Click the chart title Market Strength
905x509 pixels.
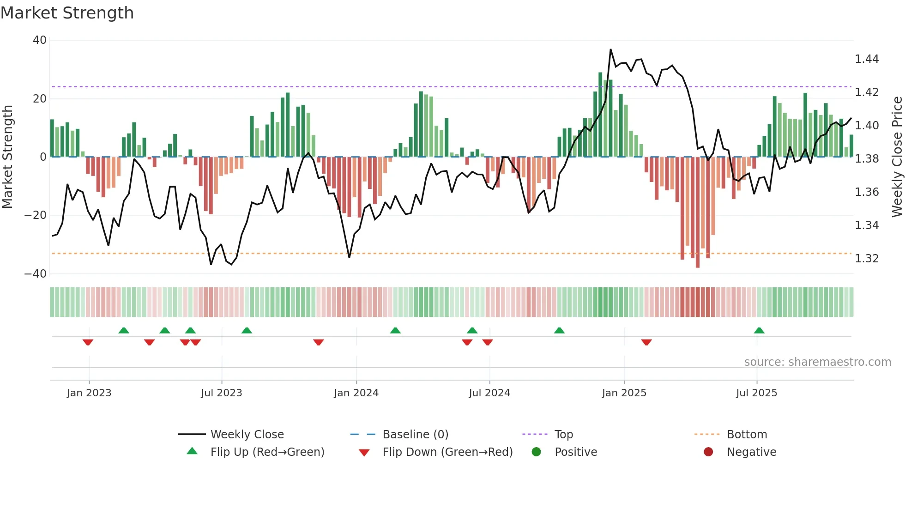pyautogui.click(x=67, y=13)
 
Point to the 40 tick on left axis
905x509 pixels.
pyautogui.click(x=40, y=40)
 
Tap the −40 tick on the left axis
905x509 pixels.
pyautogui.click(x=36, y=273)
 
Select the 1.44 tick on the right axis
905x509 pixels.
pyautogui.click(x=867, y=59)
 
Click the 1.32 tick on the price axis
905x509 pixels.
pyautogui.click(x=867, y=258)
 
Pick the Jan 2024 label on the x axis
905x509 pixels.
pyautogui.click(x=356, y=393)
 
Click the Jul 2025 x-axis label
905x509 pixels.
pyautogui.click(x=756, y=393)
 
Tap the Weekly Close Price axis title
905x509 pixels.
pyautogui.click(x=897, y=157)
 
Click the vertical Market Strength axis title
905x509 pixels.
pyautogui.click(x=7, y=157)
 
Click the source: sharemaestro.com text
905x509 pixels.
pyautogui.click(x=817, y=362)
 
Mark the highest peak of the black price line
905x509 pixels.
pyautogui.click(x=610, y=49)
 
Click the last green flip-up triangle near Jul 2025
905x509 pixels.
pyautogui.click(x=759, y=331)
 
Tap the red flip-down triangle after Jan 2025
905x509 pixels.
pyautogui.click(x=646, y=342)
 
